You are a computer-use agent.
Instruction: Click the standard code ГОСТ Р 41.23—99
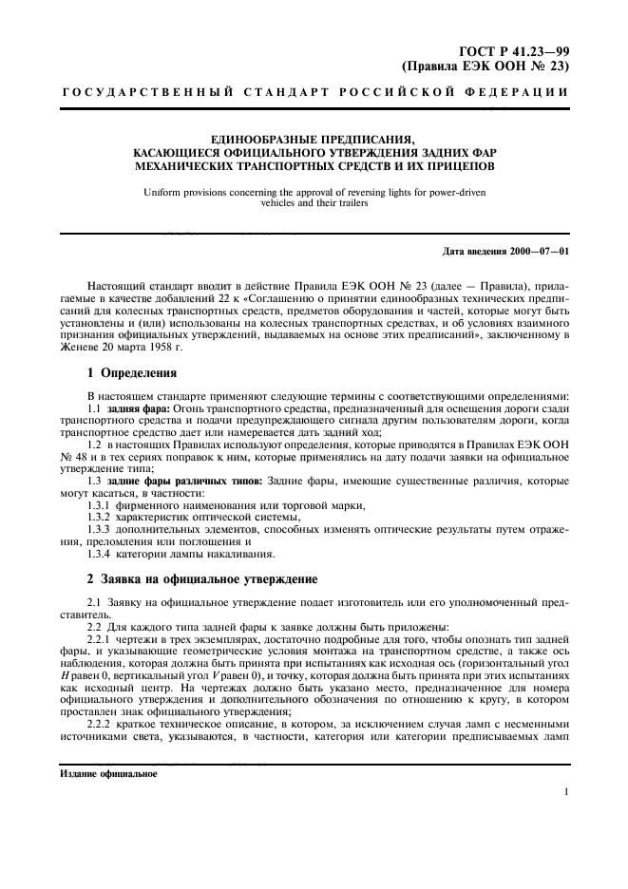[x=517, y=52]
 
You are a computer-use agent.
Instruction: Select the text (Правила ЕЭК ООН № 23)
[x=485, y=66]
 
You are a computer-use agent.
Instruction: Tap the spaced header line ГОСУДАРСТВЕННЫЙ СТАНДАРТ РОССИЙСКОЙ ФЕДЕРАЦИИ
[x=314, y=93]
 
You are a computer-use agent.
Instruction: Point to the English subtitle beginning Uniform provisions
[x=313, y=194]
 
